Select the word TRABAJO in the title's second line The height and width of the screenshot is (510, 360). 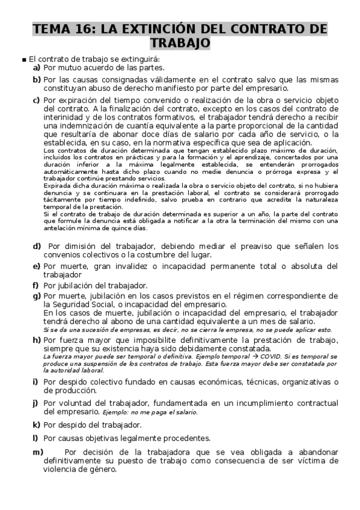click(x=180, y=43)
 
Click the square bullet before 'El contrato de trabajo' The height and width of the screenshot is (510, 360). click(x=23, y=60)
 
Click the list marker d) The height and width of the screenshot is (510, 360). click(x=37, y=246)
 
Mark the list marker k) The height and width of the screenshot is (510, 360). click(x=37, y=425)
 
